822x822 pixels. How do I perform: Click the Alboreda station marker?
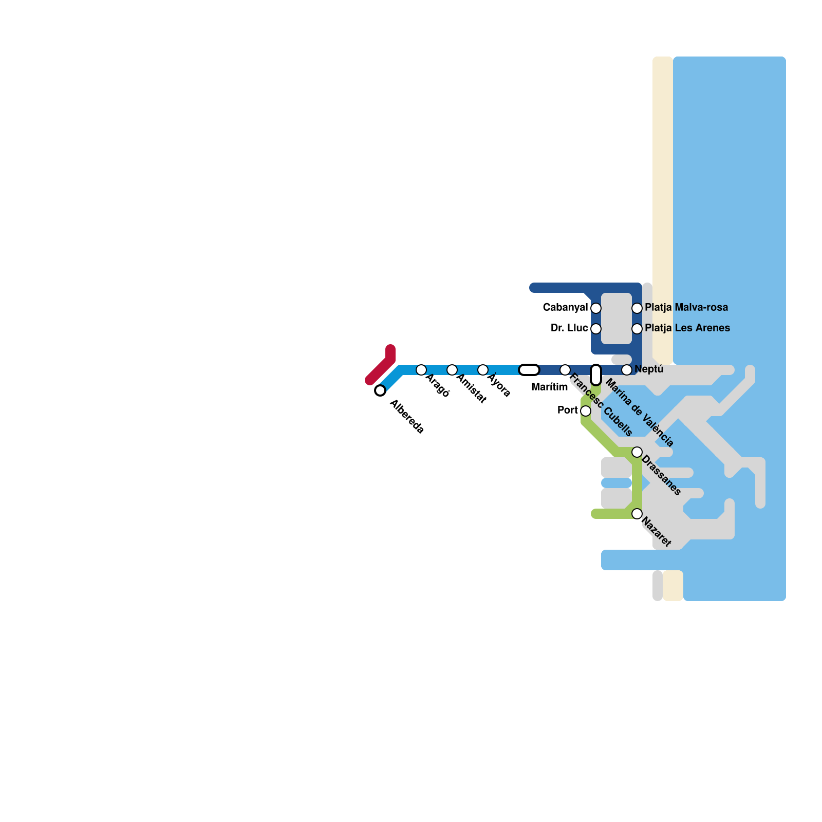coord(380,390)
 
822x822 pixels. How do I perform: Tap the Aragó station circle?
coord(421,370)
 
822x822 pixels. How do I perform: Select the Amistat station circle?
coord(452,370)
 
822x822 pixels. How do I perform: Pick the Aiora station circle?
coord(483,370)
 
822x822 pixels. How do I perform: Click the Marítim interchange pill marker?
coord(529,370)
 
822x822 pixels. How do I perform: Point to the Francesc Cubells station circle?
coord(565,370)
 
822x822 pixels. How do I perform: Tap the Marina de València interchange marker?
coord(596,375)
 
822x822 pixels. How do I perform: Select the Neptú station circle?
coord(627,370)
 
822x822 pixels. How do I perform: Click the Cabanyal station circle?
coord(596,308)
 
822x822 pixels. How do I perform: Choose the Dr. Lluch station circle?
coord(596,329)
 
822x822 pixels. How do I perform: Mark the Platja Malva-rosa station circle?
coord(637,308)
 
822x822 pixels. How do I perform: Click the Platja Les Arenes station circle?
coord(637,329)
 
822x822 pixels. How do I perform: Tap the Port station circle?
coord(586,411)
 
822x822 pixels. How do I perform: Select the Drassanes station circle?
coord(637,452)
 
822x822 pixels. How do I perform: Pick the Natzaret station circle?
coord(637,514)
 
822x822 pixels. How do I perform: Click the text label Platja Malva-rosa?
coord(686,308)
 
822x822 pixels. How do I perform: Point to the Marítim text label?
coord(549,387)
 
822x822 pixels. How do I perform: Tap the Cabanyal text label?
coord(565,308)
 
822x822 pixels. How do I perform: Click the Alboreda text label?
coord(407,417)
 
